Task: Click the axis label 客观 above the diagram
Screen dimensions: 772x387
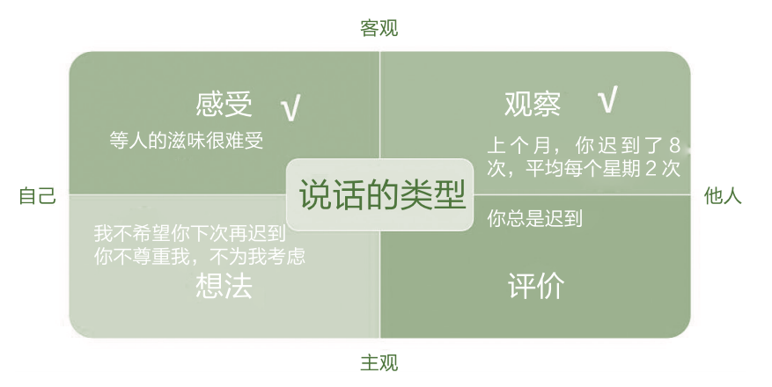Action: point(379,28)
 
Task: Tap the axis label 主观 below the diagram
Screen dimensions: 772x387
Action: point(379,362)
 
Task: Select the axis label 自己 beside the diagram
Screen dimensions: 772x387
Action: point(37,196)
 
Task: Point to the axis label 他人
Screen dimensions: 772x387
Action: point(723,196)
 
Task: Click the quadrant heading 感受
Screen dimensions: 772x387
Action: point(224,105)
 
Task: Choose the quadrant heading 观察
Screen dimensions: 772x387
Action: point(533,105)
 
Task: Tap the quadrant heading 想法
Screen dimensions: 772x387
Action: point(224,287)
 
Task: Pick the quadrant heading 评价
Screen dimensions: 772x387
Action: point(536,287)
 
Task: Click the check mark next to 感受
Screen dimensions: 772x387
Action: point(290,108)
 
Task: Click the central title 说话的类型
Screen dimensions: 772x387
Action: point(381,194)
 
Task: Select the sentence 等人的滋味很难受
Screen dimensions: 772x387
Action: point(187,141)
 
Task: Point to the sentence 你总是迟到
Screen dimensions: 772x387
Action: point(534,218)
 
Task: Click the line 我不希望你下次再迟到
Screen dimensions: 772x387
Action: point(190,235)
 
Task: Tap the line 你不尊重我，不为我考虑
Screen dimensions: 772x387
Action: point(204,257)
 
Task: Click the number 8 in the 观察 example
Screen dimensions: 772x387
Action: point(673,145)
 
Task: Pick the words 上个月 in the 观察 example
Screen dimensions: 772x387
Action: point(519,145)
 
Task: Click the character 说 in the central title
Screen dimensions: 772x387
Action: point(315,194)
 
